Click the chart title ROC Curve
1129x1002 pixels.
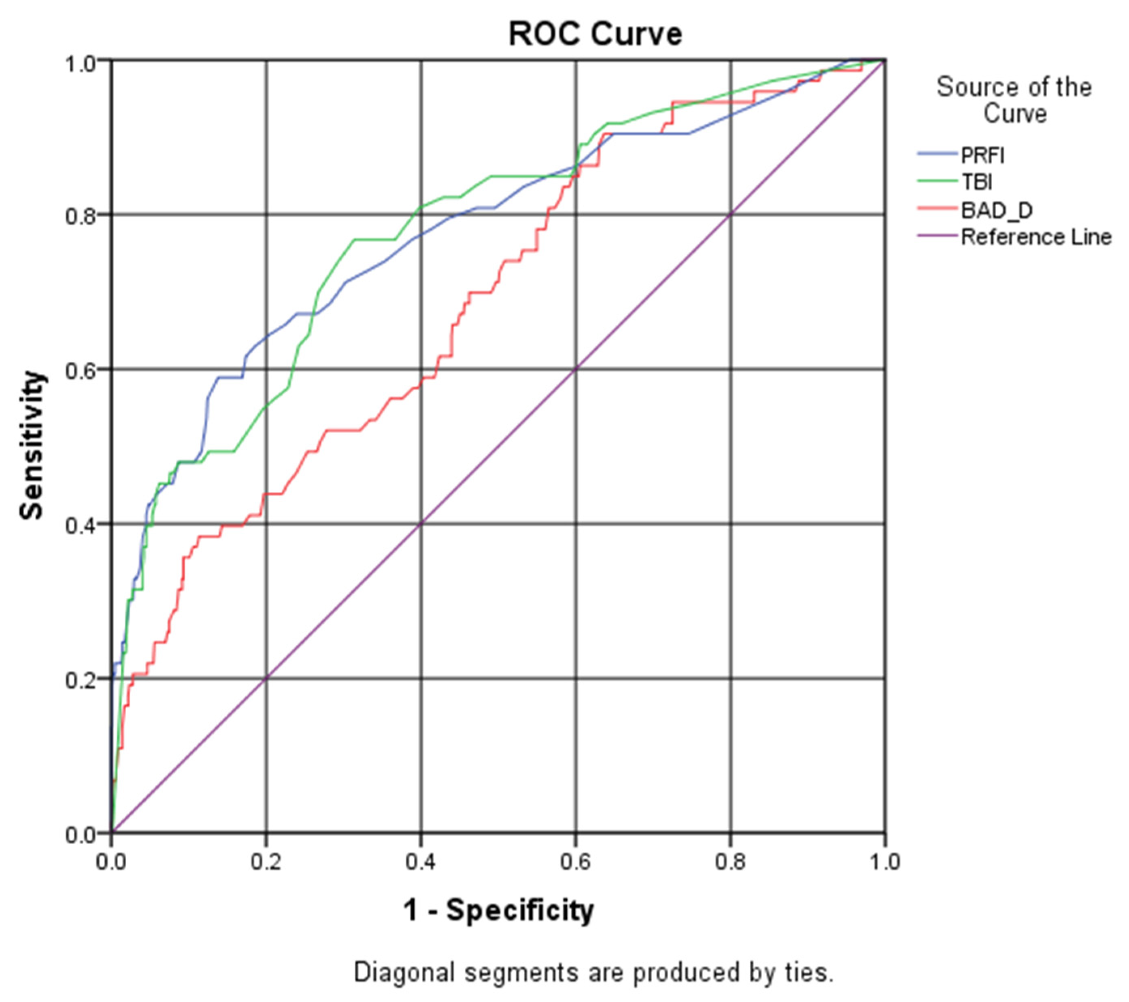tap(595, 34)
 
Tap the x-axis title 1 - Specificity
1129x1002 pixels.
tap(498, 910)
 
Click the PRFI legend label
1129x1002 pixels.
tap(982, 156)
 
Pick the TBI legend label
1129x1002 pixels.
tap(976, 182)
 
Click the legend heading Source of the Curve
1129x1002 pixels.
tap(1014, 100)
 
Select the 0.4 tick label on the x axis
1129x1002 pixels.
tap(421, 862)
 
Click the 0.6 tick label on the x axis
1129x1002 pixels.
tap(576, 862)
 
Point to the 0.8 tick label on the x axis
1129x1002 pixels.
tap(730, 862)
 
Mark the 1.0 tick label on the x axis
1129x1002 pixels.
tap(884, 862)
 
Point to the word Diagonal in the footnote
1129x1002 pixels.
tap(404, 972)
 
